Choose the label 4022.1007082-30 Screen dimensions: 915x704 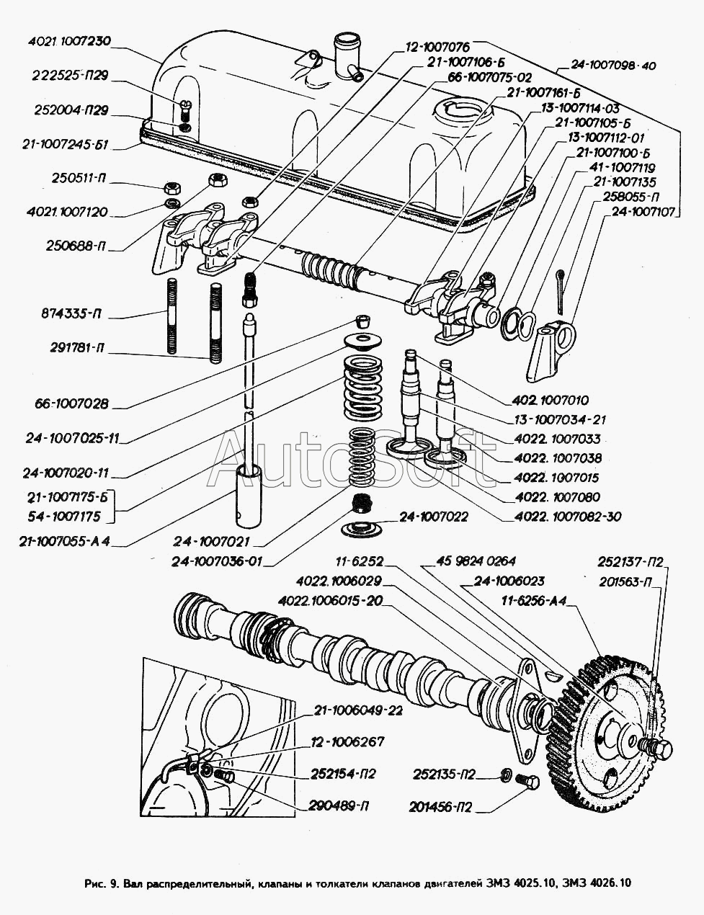(568, 516)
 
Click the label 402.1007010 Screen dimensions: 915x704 (551, 400)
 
